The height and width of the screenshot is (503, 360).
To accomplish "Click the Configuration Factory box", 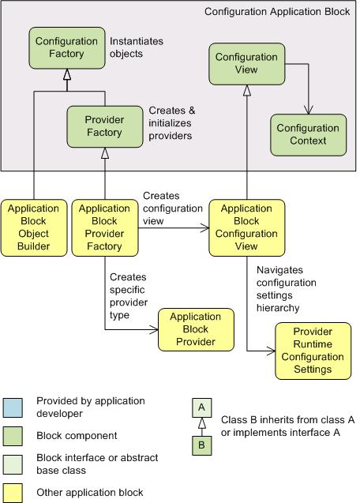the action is tap(67, 48).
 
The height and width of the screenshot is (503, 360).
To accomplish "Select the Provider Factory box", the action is tap(104, 126).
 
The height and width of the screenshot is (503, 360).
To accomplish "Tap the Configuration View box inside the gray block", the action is tap(247, 64).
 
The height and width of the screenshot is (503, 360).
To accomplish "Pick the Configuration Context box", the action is tap(309, 135).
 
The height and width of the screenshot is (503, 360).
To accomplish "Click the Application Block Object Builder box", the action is tap(34, 227).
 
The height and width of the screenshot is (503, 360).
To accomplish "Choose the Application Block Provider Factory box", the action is tap(105, 227).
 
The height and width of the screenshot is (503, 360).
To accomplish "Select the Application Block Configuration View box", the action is tap(247, 227).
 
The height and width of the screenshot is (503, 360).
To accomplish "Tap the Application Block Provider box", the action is tap(196, 329).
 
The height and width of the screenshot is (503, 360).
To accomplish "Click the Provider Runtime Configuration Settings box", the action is tap(313, 351).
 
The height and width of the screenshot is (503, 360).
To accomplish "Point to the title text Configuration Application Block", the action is tap(277, 12).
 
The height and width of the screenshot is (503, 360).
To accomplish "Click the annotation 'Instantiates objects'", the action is tap(137, 47).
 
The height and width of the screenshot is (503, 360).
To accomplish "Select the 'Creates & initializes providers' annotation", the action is tap(172, 123).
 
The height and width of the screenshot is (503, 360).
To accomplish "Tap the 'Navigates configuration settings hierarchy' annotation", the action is tap(287, 289).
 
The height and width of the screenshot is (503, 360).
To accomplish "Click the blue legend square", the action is tap(13, 407).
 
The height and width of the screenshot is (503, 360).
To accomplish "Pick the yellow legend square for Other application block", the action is tap(13, 493).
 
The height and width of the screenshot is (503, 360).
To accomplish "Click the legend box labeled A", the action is tap(202, 407).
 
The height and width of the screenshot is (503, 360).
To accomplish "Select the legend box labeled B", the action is tap(202, 445).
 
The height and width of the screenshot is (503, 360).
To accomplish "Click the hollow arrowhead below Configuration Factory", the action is tap(67, 74).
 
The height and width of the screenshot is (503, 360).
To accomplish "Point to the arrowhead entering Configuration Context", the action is tap(309, 110).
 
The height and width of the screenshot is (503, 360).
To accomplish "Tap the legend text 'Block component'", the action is tap(77, 436).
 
